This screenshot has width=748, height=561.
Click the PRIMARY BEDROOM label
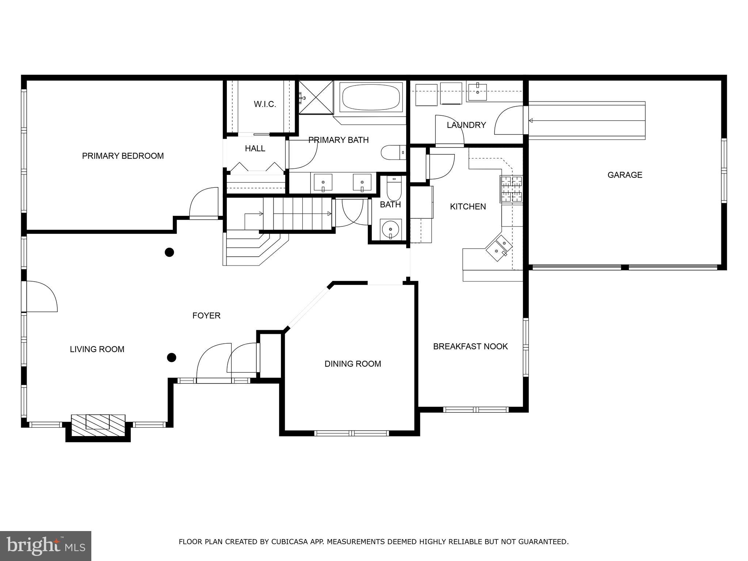pyautogui.click(x=123, y=156)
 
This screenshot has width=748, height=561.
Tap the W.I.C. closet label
pyautogui.click(x=265, y=104)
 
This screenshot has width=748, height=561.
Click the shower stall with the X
pyautogui.click(x=316, y=98)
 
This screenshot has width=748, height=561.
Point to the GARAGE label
pyautogui.click(x=625, y=175)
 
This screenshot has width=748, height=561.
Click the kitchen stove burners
pyautogui.click(x=511, y=189)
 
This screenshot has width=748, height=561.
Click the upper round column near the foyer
pyautogui.click(x=169, y=252)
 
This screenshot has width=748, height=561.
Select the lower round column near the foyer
pyautogui.click(x=171, y=357)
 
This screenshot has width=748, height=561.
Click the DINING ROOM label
pyautogui.click(x=352, y=364)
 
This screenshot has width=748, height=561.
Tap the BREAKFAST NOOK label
pyautogui.click(x=470, y=346)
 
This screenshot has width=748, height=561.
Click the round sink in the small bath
pyautogui.click(x=390, y=229)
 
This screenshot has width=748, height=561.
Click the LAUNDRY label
pyautogui.click(x=466, y=125)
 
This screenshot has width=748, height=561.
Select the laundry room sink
pyautogui.click(x=477, y=92)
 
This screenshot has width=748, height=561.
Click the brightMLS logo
pyautogui.click(x=46, y=546)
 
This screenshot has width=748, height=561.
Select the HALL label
pyautogui.click(x=255, y=149)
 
